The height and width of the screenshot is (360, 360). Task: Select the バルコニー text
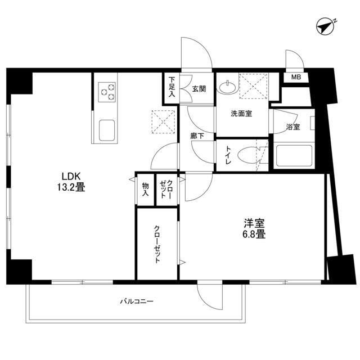tap(136, 301)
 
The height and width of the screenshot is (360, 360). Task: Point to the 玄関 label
tap(198, 88)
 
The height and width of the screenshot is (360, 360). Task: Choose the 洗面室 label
tap(241, 113)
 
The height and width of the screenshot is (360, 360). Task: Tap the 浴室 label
tap(292, 127)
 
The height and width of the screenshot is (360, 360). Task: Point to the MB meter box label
tap(294, 77)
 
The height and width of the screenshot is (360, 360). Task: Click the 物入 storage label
tap(145, 189)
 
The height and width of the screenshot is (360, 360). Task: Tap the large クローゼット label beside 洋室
tap(158, 245)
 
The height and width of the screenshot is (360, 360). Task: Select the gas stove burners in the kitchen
tap(107, 92)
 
